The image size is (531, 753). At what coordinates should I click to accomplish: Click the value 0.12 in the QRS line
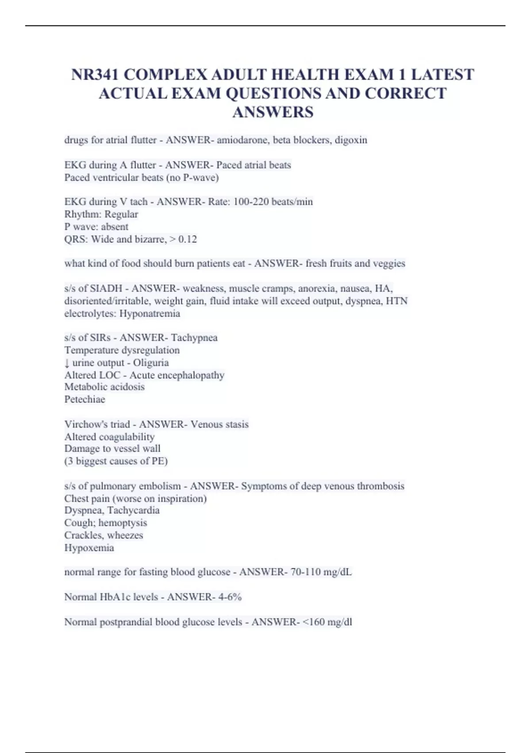(x=188, y=239)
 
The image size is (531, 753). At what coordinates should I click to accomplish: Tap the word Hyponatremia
(x=150, y=314)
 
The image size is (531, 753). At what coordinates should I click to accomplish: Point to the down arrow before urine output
(x=67, y=363)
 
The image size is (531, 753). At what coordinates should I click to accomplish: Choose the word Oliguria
(x=151, y=362)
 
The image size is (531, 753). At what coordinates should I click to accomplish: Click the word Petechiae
(x=85, y=399)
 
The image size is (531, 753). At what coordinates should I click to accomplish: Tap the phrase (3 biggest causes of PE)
(x=116, y=461)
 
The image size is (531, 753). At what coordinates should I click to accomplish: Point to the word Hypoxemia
(x=89, y=548)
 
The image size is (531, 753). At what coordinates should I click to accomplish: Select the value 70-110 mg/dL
(x=321, y=572)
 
